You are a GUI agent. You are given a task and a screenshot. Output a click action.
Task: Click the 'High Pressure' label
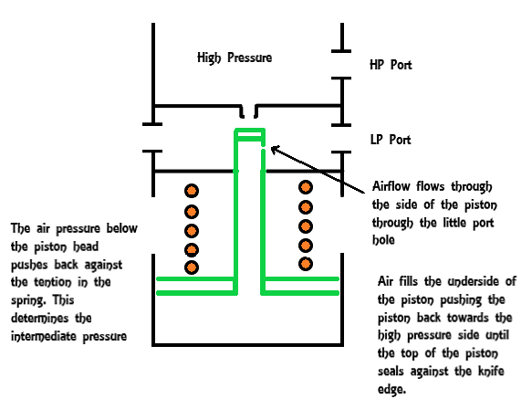pyautogui.click(x=235, y=58)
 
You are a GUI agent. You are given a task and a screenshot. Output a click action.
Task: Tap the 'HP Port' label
pyautogui.click(x=391, y=65)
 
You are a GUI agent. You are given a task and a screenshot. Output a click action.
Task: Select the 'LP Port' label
pyautogui.click(x=391, y=140)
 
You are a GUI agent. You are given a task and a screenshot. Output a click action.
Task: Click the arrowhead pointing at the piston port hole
pyautogui.click(x=275, y=150)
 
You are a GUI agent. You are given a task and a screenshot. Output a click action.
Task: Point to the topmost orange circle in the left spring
pyautogui.click(x=192, y=191)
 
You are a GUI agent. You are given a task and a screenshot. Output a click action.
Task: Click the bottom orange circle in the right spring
pyautogui.click(x=306, y=264)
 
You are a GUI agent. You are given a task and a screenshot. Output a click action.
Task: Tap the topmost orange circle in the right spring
pyautogui.click(x=306, y=187)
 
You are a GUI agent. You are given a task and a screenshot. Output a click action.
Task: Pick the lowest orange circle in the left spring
pyautogui.click(x=192, y=267)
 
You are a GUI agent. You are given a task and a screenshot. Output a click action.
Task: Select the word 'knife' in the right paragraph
pyautogui.click(x=491, y=371)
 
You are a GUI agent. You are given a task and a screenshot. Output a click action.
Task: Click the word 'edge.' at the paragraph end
pyautogui.click(x=391, y=389)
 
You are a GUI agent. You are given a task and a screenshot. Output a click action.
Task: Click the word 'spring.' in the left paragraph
pyautogui.click(x=30, y=300)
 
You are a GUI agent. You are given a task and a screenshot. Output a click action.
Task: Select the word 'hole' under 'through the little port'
pyautogui.click(x=383, y=240)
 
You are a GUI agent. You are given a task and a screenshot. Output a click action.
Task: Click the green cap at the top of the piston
pyautogui.click(x=250, y=134)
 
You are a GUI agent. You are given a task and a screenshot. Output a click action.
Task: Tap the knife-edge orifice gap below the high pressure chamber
pyautogui.click(x=249, y=112)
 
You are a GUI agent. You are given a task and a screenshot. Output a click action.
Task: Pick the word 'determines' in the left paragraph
pyautogui.click(x=40, y=318)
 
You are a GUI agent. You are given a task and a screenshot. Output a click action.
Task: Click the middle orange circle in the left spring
pyautogui.click(x=192, y=231)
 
